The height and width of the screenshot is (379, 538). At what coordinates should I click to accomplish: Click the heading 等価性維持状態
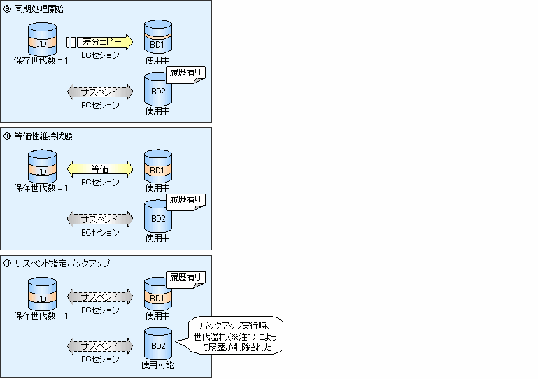click(41, 136)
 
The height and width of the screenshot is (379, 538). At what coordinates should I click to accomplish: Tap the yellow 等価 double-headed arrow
click(100, 169)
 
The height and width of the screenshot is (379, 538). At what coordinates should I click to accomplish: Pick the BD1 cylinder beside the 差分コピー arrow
click(157, 40)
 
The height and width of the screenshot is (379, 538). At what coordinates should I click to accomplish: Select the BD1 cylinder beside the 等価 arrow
click(157, 167)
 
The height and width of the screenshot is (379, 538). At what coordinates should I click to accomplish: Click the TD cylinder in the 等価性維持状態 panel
click(41, 167)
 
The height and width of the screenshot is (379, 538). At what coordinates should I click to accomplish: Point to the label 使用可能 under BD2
click(157, 364)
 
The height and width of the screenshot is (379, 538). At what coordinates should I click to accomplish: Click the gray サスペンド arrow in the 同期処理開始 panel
click(99, 92)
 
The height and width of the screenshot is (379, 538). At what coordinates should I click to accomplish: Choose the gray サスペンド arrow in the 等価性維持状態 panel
click(99, 219)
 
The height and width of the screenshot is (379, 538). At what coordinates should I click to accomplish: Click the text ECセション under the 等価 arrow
click(100, 183)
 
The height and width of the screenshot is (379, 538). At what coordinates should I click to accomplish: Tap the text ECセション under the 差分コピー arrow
click(100, 55)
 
